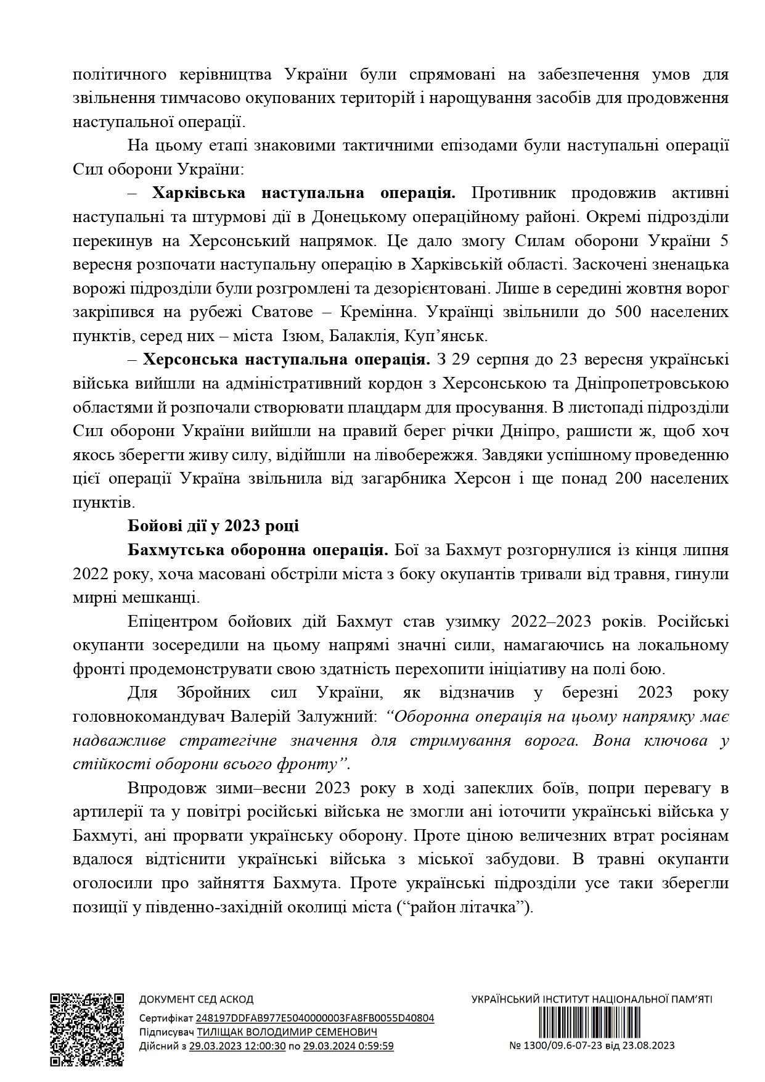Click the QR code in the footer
pos(87,1025)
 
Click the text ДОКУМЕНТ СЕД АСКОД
pos(196,999)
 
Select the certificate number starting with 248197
pos(314,1018)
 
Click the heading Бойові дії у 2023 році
pos(213,526)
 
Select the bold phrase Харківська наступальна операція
pos(304,193)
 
